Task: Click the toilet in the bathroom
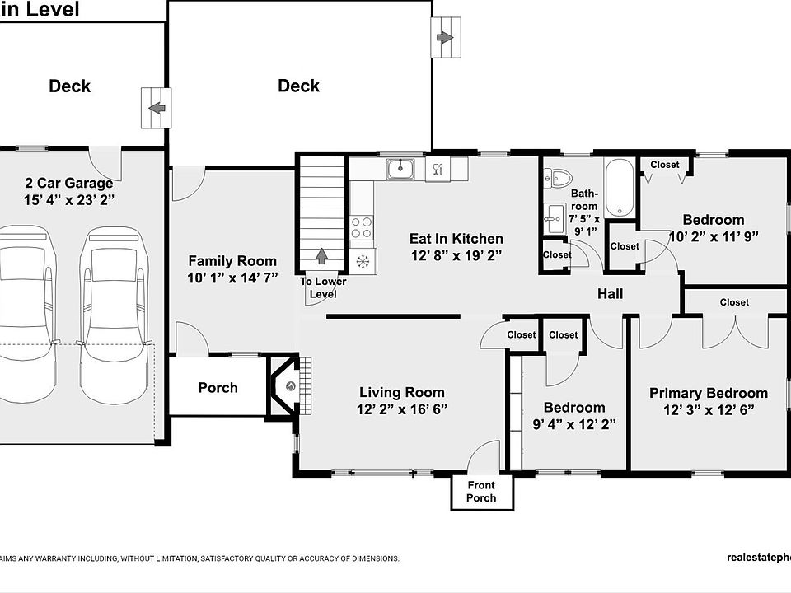click(558, 178)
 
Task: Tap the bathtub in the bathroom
click(619, 188)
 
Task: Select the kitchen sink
click(400, 169)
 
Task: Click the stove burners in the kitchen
click(362, 227)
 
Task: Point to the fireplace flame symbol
click(291, 386)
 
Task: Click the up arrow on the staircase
click(321, 256)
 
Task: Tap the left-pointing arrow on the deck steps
click(157, 108)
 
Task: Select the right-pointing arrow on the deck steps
click(444, 37)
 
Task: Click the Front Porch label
click(481, 492)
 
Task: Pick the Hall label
click(610, 293)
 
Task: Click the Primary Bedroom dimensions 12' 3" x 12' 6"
click(709, 410)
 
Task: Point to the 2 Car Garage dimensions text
click(69, 200)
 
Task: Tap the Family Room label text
click(232, 261)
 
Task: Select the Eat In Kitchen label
click(456, 239)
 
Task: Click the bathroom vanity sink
click(555, 219)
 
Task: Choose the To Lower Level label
click(323, 288)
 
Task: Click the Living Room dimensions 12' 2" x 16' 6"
click(402, 409)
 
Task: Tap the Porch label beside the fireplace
click(218, 387)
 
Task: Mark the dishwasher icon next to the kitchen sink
click(438, 169)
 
